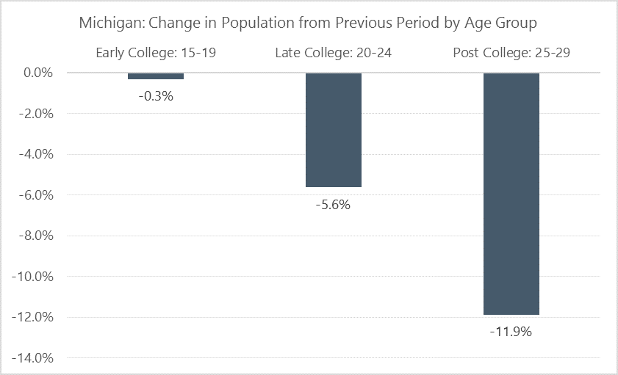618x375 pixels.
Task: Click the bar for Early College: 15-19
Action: click(x=155, y=76)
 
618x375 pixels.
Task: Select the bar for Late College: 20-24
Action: click(x=334, y=130)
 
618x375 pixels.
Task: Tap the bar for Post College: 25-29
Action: click(x=511, y=194)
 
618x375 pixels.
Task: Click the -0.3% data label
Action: click(x=155, y=95)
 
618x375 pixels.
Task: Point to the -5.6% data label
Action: click(x=334, y=205)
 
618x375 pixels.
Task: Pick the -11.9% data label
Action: click(x=511, y=332)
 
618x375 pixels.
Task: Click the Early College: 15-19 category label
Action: click(x=155, y=53)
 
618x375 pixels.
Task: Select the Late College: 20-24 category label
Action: click(x=334, y=53)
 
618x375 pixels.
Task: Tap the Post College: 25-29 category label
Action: click(x=511, y=53)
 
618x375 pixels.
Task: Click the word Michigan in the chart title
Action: click(x=108, y=23)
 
